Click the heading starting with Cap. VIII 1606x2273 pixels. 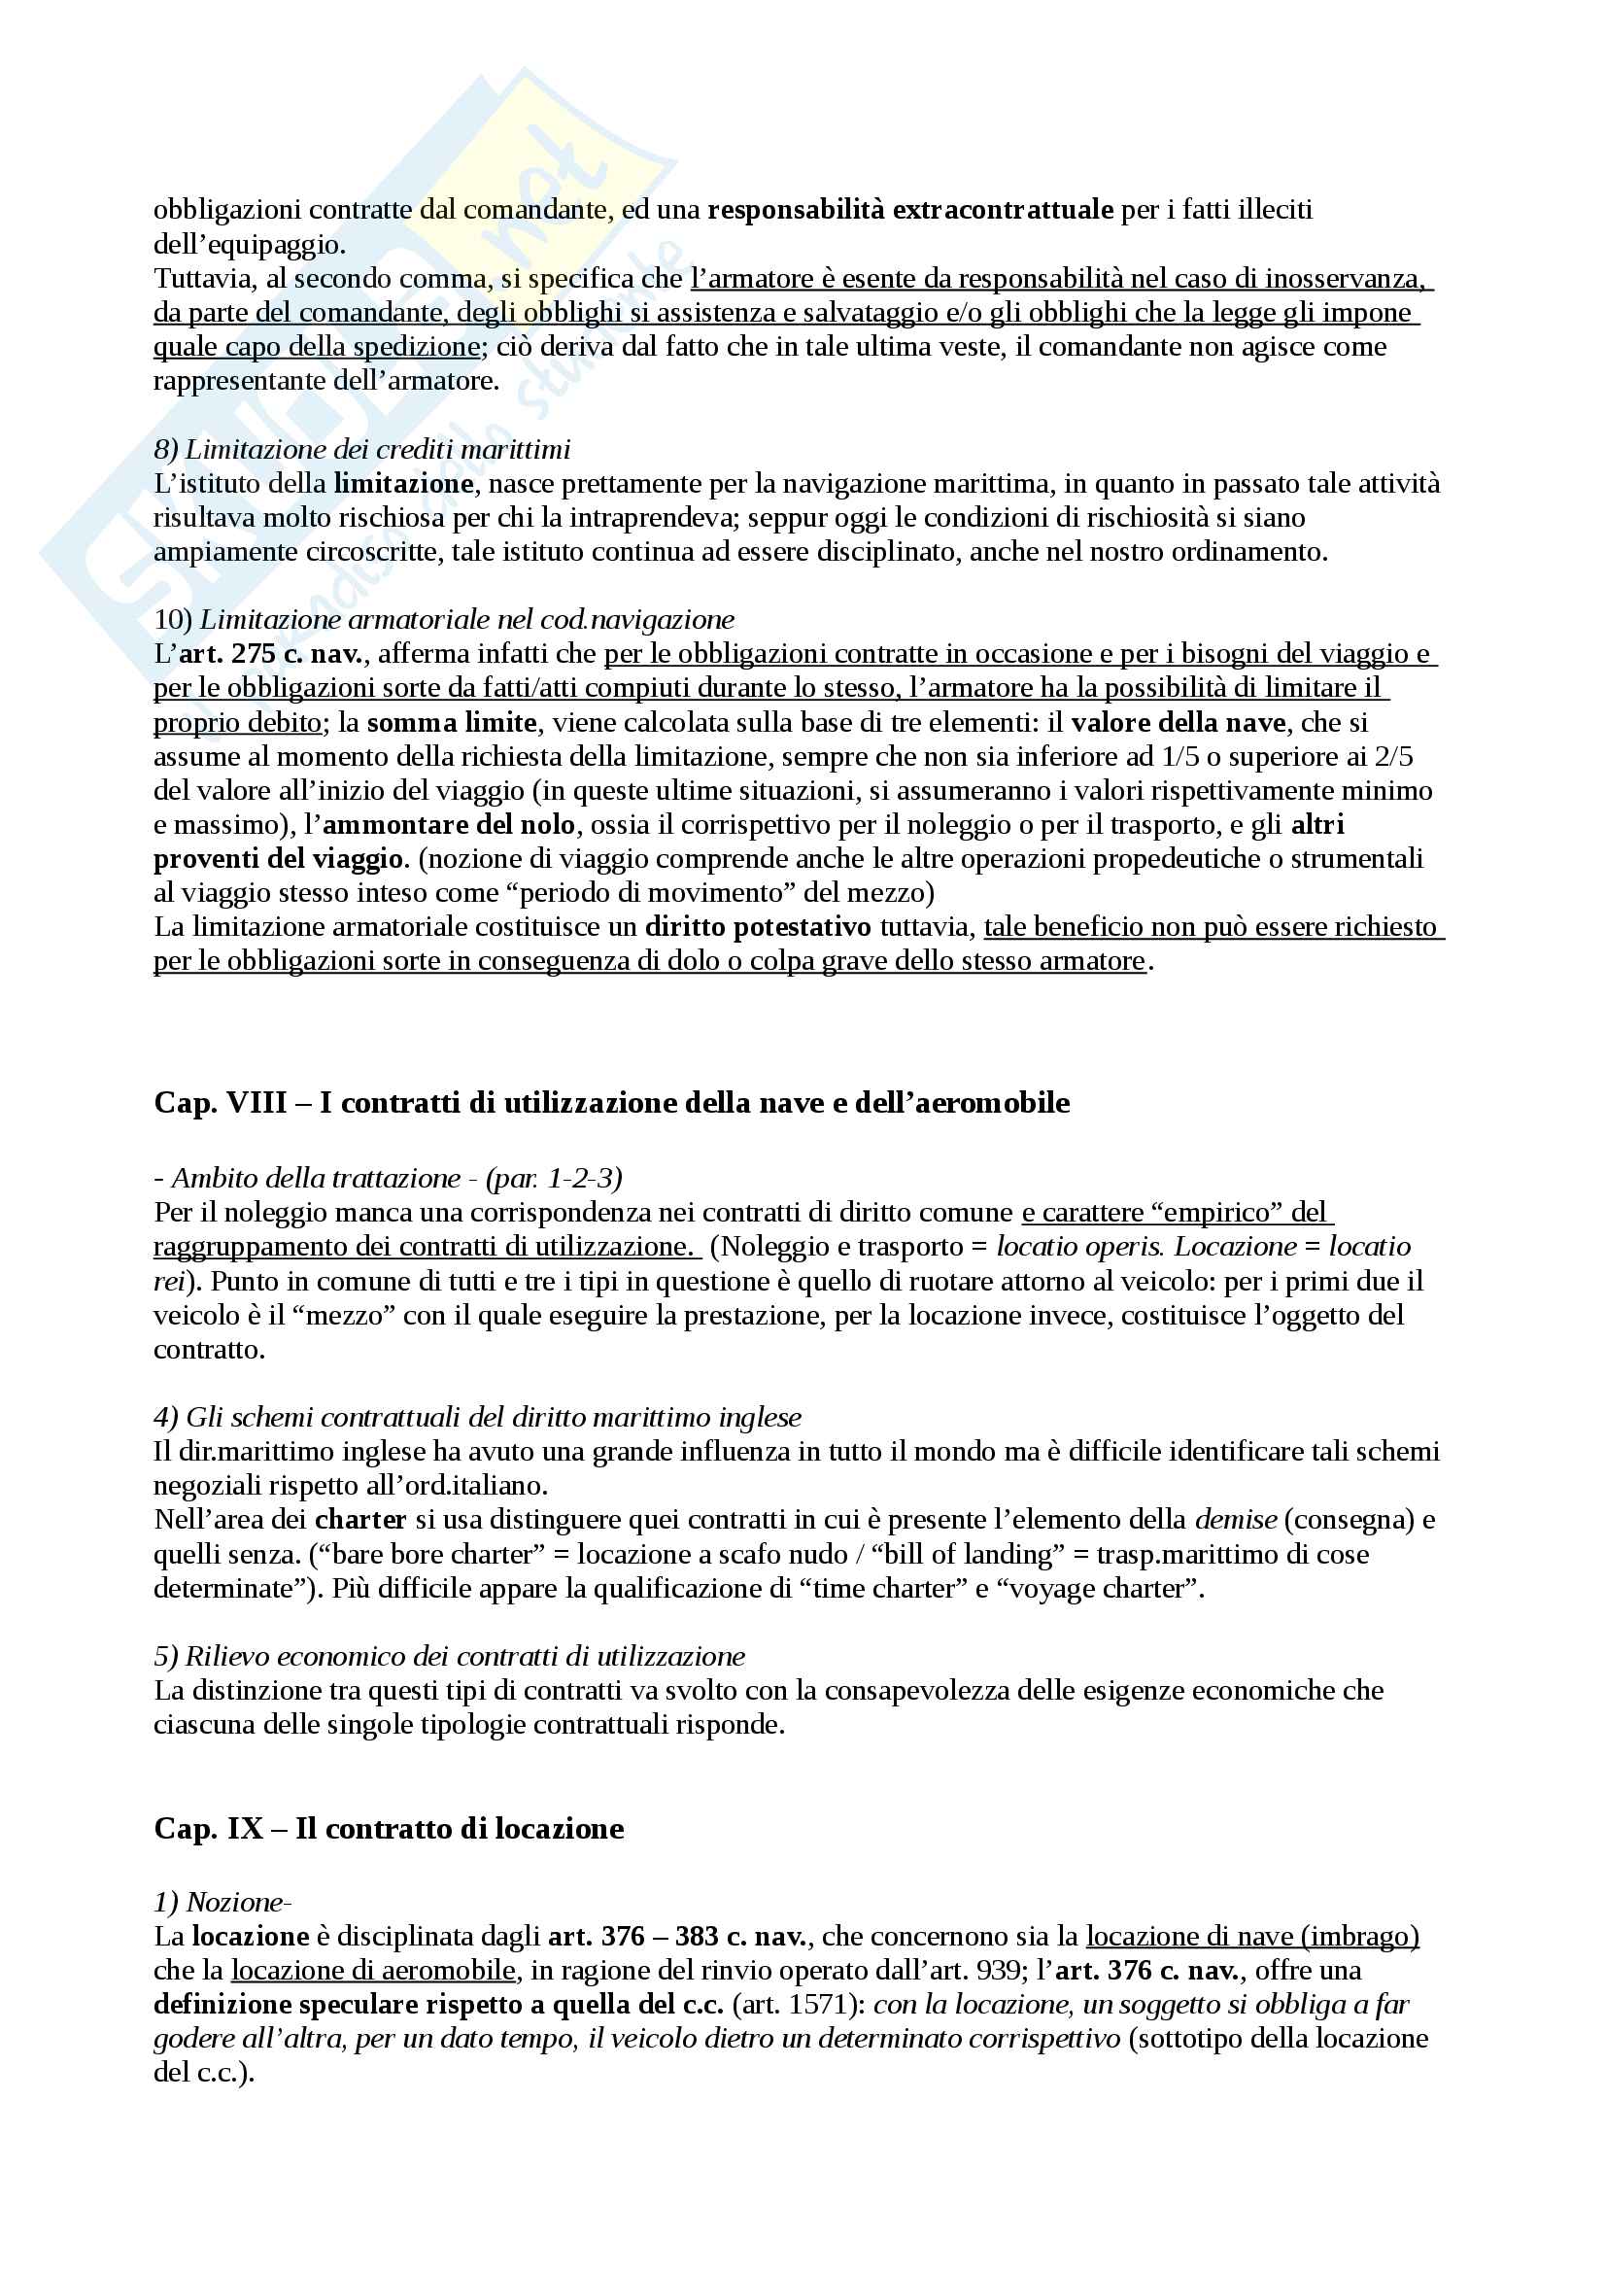coord(611,1103)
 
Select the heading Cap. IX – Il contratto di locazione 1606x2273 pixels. coord(389,1829)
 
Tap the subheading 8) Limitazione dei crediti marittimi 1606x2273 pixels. coord(362,450)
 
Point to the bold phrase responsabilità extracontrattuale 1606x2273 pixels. coord(910,210)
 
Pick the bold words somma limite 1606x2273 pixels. coord(451,723)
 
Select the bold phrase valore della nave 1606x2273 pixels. coord(1178,723)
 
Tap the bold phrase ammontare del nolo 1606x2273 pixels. coord(448,825)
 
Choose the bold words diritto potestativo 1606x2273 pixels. coord(758,927)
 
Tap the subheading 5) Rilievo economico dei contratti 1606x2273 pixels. coord(449,1656)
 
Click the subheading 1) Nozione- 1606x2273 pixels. coord(222,1903)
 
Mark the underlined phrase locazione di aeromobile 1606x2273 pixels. coord(373,1970)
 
